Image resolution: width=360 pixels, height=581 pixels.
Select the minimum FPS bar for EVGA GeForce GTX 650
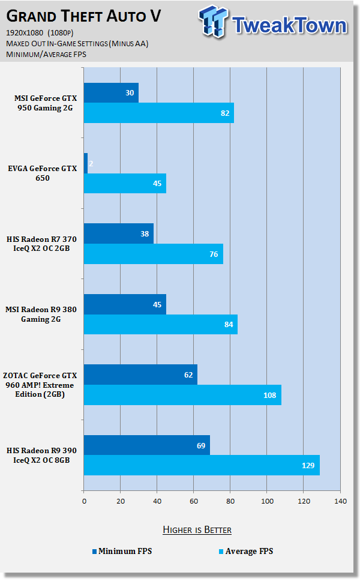coord(86,163)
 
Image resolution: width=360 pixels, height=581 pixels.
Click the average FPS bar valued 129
coord(201,465)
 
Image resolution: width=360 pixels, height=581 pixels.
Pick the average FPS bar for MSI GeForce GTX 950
coord(158,113)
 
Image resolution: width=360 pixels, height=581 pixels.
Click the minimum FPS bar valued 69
coord(146,445)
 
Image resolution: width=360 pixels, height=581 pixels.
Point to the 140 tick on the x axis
coord(340,500)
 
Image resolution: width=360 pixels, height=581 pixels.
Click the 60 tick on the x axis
coord(194,500)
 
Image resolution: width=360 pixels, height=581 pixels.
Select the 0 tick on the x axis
coord(84,500)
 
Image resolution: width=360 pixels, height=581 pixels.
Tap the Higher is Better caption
coord(197,529)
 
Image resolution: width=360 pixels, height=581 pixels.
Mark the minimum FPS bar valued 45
coord(125,304)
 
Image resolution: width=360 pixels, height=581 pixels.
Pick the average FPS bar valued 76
coord(153,254)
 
